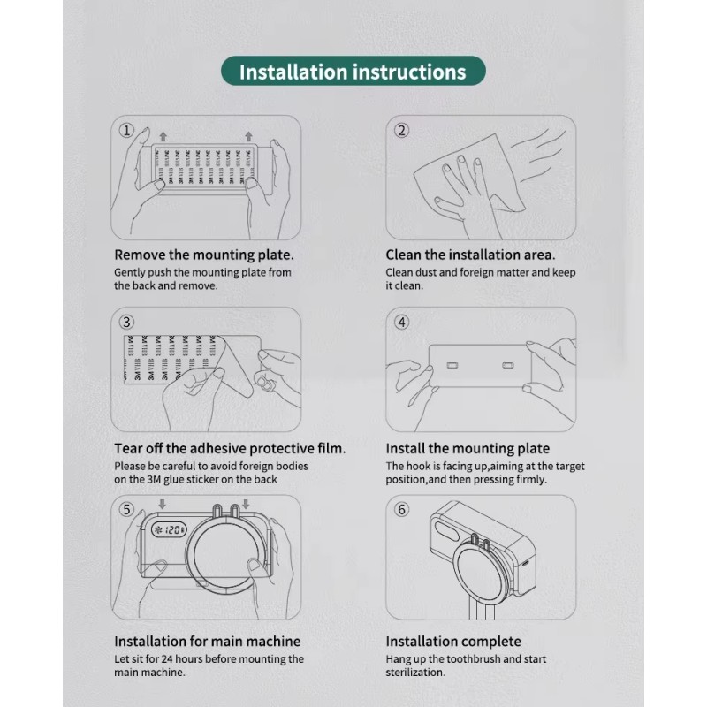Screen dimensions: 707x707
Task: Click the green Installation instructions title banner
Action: click(x=353, y=71)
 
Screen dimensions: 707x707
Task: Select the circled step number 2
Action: click(x=401, y=131)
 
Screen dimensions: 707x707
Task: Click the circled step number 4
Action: click(x=401, y=322)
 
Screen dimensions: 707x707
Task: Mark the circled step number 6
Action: click(x=401, y=509)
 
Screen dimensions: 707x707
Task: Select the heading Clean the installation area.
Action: click(x=470, y=255)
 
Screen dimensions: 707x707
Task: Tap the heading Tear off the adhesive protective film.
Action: click(x=230, y=448)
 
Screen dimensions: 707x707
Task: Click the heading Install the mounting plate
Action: click(x=468, y=448)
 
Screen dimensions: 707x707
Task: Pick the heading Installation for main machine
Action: click(x=207, y=641)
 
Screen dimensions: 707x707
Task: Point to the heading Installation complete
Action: click(x=453, y=641)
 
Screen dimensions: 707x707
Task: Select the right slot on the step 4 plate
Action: click(x=508, y=365)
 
